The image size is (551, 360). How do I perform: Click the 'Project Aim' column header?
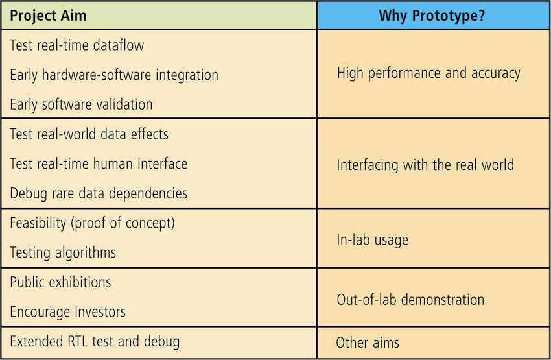48,16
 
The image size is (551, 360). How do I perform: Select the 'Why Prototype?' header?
432,16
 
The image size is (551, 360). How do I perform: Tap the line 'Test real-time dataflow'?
77,45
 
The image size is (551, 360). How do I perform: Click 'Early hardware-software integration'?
114,75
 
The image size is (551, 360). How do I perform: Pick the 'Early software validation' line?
81,104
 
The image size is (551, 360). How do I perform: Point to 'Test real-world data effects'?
89,134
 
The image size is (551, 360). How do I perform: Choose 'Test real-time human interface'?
99,164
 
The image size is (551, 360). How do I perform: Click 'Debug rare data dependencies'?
99,194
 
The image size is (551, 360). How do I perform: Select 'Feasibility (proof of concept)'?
92,223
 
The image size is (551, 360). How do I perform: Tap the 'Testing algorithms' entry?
63,253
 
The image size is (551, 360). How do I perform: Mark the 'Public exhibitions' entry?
60,282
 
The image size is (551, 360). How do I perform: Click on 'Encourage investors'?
67,312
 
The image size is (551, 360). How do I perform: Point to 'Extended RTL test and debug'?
95,342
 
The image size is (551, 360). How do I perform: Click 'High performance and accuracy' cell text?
428,73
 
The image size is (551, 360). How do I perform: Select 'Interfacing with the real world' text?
425,165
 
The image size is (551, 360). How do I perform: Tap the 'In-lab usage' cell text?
373,240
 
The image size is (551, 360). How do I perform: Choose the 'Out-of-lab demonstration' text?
410,300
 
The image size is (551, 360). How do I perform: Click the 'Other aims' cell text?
368,342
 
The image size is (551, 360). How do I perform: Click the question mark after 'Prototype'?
482,16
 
